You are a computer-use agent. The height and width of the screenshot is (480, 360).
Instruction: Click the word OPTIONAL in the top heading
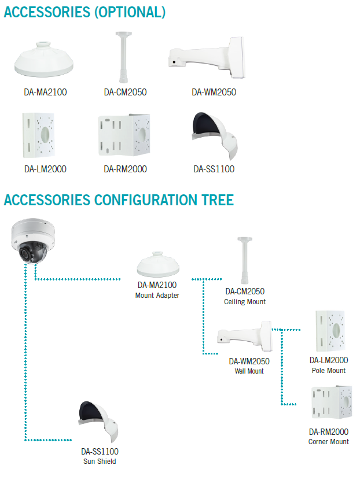(x=130, y=12)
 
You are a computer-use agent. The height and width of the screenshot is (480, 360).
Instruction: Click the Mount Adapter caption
(x=157, y=296)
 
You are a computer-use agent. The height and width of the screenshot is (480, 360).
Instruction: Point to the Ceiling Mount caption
(x=245, y=302)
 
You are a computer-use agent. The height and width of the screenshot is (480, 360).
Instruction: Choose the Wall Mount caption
(x=249, y=371)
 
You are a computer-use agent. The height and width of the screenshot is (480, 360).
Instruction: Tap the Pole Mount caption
(x=328, y=370)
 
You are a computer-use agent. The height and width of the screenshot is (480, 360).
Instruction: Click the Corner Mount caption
(x=328, y=441)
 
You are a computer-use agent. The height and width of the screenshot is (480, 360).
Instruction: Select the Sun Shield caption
(x=100, y=461)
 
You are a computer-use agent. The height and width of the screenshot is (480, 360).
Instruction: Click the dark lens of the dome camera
(x=24, y=254)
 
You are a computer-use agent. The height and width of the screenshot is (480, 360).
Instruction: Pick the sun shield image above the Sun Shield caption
(x=98, y=421)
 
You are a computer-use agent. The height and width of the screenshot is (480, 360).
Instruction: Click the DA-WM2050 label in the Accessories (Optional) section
(x=214, y=92)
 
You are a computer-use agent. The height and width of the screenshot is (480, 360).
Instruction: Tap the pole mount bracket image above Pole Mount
(x=330, y=331)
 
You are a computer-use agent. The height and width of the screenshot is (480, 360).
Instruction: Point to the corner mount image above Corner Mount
(x=332, y=403)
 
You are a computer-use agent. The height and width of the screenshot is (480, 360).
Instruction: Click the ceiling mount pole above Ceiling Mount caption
(x=244, y=260)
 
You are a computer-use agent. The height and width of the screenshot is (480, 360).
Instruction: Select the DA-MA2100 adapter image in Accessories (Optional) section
(x=44, y=60)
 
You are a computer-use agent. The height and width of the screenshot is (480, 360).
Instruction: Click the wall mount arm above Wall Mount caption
(x=244, y=336)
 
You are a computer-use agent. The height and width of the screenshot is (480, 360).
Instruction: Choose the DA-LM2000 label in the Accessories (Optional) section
(x=45, y=169)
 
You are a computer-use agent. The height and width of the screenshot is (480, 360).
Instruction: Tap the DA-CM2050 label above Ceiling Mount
(x=245, y=291)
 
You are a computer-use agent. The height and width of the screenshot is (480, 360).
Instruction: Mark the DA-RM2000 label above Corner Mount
(x=328, y=432)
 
